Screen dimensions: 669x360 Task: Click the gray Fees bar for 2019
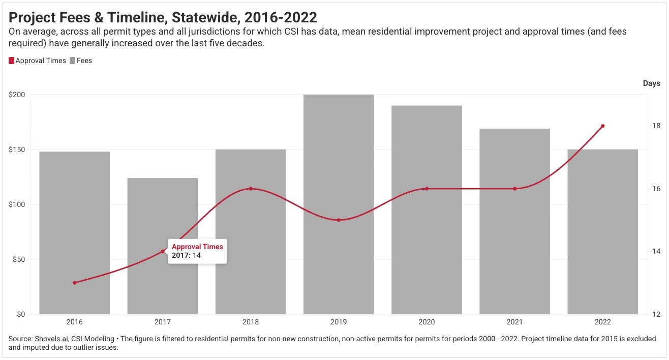(x=339, y=204)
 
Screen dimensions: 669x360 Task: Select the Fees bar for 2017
(x=163, y=246)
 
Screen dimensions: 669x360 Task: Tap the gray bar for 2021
(x=514, y=221)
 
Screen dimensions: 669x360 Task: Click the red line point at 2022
(x=603, y=126)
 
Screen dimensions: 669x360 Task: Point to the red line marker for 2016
(x=75, y=283)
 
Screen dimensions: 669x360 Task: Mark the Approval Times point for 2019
(x=339, y=220)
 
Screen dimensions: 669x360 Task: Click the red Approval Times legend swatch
(x=11, y=61)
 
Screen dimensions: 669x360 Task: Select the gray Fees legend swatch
(x=72, y=61)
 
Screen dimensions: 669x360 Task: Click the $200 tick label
(x=17, y=95)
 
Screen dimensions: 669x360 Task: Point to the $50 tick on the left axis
(x=18, y=259)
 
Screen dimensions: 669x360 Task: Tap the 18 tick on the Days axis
(x=656, y=126)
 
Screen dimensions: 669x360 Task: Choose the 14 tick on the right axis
(x=656, y=251)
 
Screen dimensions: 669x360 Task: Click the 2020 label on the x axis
(x=427, y=322)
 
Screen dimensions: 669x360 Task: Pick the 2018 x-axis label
(x=251, y=322)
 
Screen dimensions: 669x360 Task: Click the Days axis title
(x=652, y=83)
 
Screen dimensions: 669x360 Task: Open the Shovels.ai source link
(x=51, y=339)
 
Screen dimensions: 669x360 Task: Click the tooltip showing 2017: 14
(x=197, y=251)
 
